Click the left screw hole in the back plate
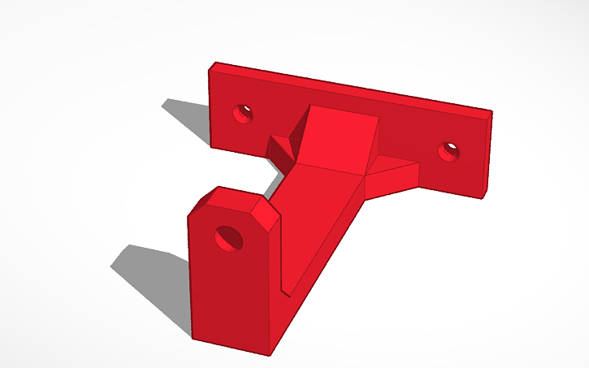[x=242, y=113]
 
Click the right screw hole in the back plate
[x=448, y=151]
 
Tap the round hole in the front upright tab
[x=228, y=239]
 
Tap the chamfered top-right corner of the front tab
[x=266, y=214]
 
